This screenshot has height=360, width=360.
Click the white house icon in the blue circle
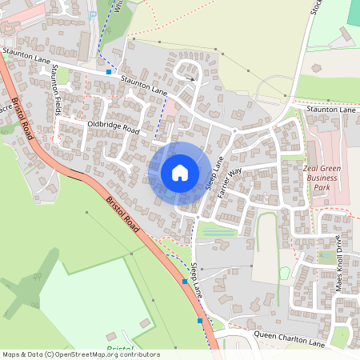180,172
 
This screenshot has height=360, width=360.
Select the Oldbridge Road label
114,128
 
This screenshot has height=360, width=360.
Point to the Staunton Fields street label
57,92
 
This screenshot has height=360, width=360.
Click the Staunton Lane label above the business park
332,109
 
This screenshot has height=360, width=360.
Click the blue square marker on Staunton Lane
109,72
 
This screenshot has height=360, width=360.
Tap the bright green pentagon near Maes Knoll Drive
326,257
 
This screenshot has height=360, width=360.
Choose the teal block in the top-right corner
354,11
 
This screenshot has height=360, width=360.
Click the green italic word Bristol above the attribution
118,349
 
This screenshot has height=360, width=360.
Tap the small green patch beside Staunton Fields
62,76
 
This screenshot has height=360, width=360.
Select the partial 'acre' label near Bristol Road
6,107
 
